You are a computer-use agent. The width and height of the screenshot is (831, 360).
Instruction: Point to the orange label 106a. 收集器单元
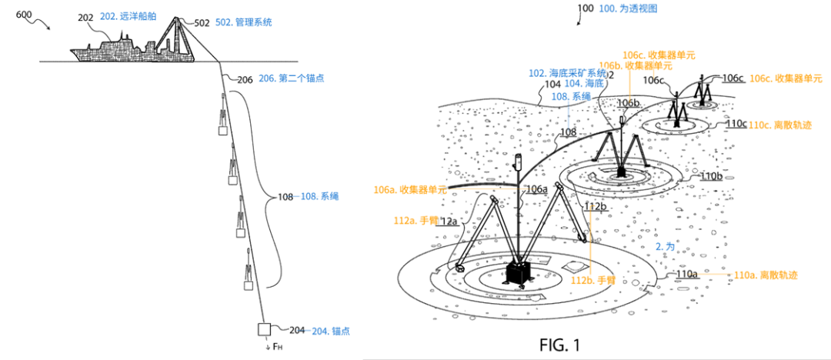coord(406,189)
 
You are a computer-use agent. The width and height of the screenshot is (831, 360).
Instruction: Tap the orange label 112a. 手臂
coord(416,220)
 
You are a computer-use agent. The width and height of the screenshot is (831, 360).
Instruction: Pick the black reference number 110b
coord(710,176)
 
